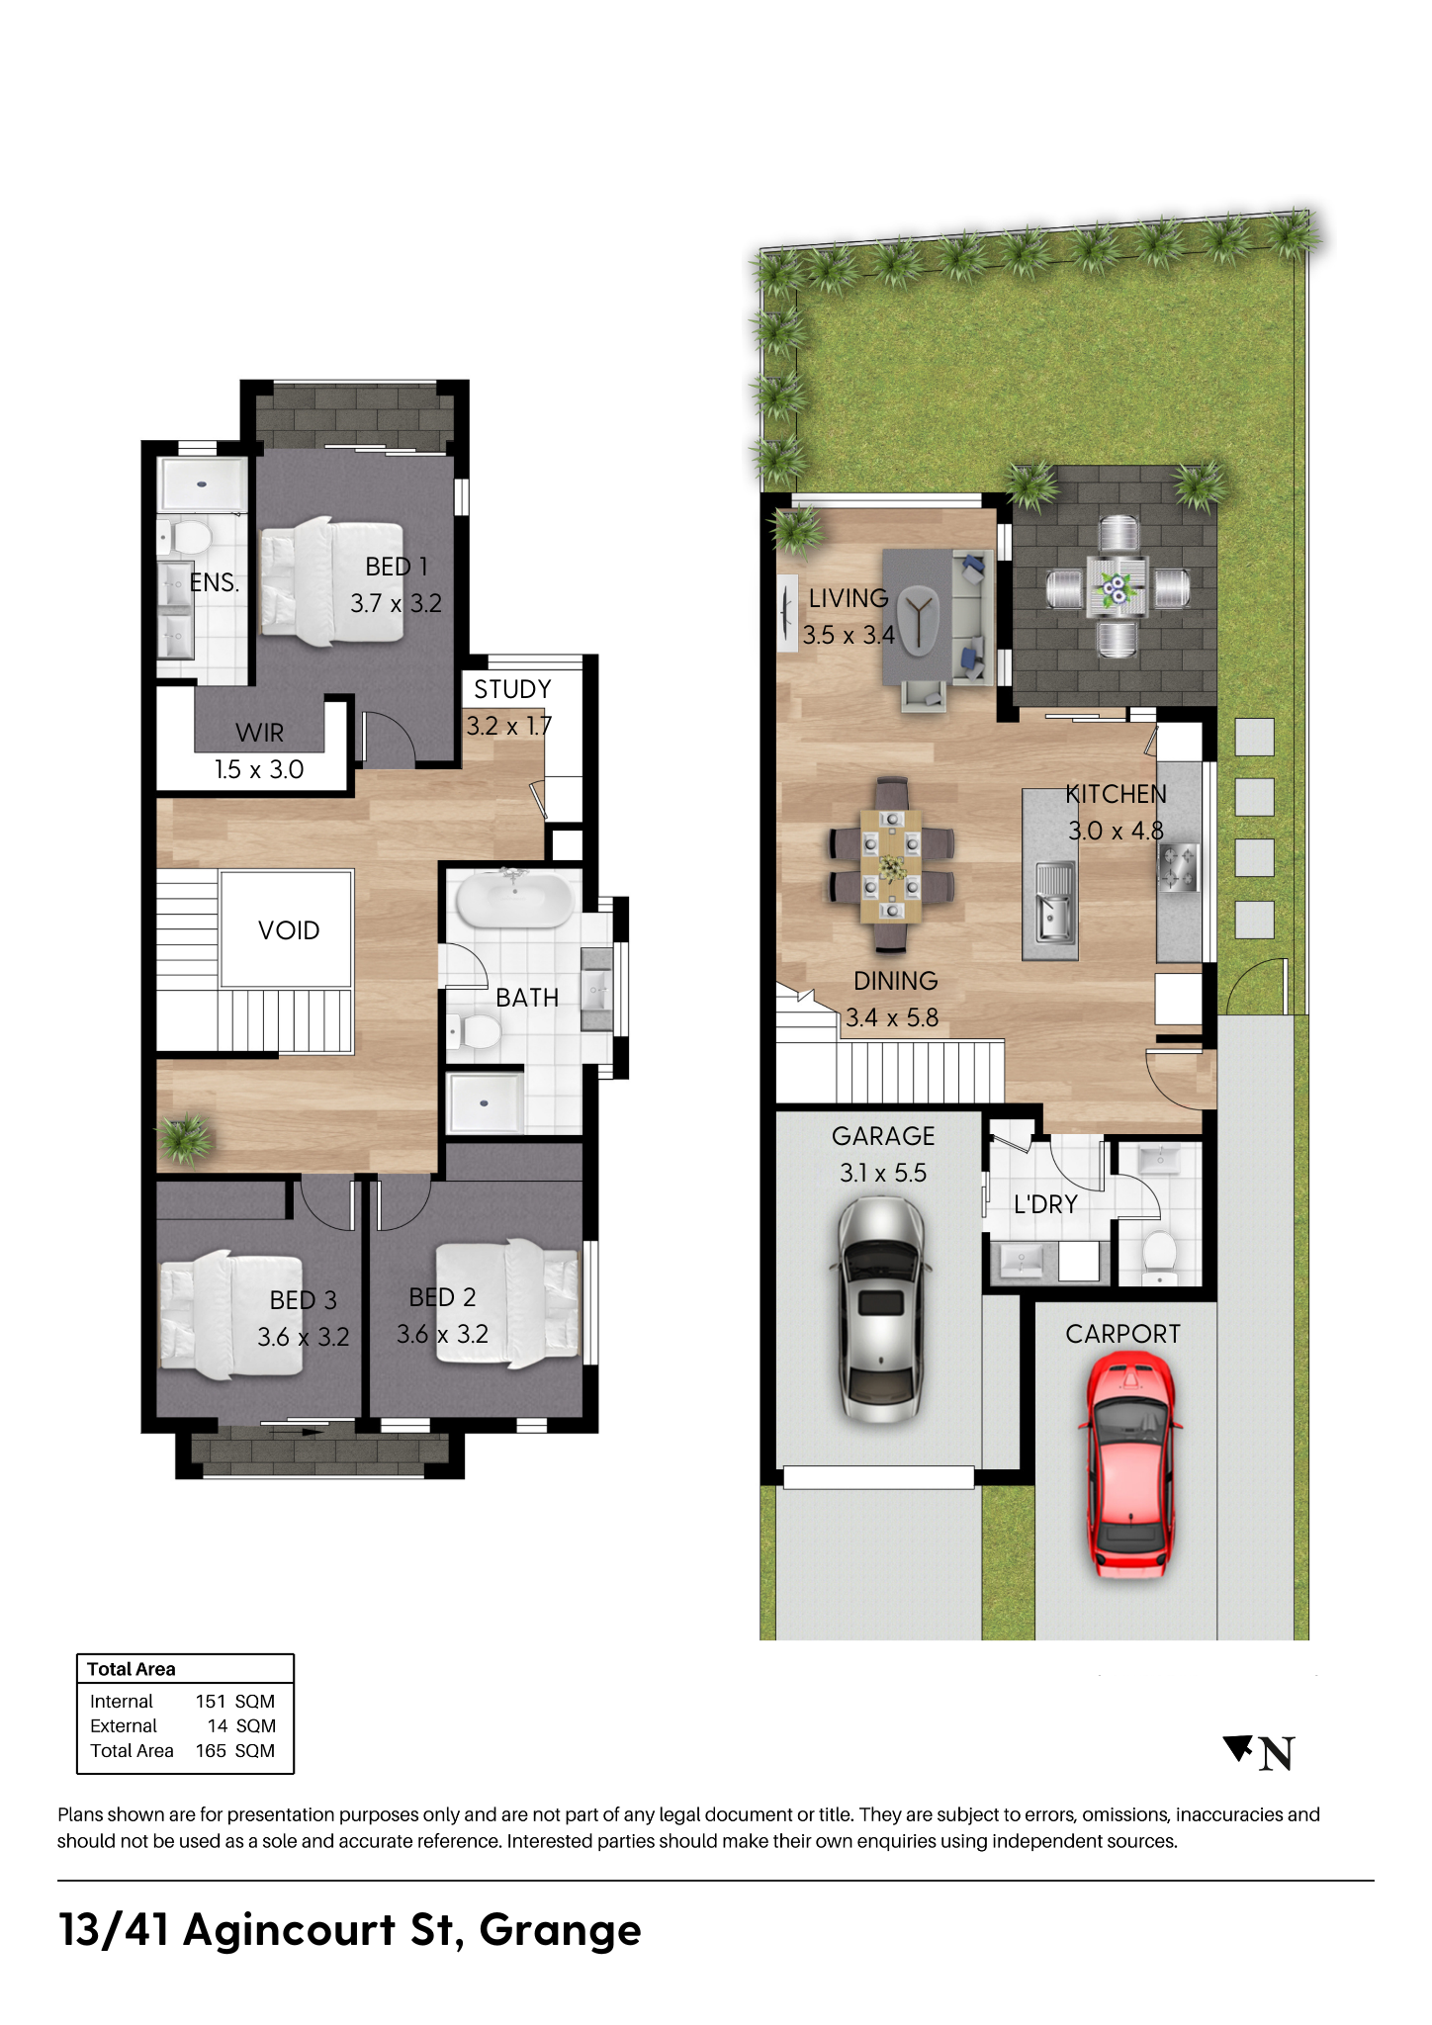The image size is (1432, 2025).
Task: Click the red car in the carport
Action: (1130, 1465)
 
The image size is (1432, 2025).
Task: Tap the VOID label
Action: (289, 930)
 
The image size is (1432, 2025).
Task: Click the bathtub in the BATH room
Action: (514, 898)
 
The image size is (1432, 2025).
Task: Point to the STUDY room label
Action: (512, 689)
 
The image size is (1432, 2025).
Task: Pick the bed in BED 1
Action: (331, 581)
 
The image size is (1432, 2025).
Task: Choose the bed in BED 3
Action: (230, 1314)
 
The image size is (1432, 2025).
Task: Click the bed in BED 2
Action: (507, 1302)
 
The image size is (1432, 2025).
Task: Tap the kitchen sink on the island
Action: (1054, 901)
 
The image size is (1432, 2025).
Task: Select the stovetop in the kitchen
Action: (1180, 867)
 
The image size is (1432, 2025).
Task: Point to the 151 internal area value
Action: (211, 1702)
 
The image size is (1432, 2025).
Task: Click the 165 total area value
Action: (211, 1751)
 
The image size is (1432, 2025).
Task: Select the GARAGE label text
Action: (883, 1136)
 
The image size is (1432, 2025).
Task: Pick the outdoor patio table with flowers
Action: (1118, 589)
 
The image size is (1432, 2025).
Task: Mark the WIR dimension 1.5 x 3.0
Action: (259, 769)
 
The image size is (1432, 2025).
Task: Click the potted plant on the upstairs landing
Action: (184, 1139)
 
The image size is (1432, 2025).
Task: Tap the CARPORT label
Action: (1122, 1334)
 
